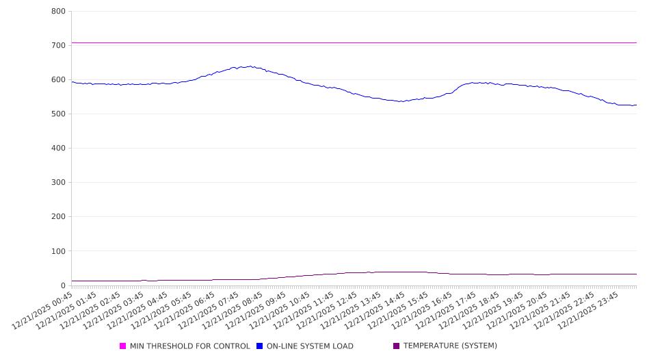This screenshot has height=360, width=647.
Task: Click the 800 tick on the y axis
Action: point(58,12)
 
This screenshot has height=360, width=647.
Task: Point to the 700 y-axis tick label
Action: point(58,46)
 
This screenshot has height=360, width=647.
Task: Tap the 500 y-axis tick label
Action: point(58,114)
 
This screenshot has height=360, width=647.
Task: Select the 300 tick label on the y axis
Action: point(58,183)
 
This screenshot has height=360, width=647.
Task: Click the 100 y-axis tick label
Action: point(58,251)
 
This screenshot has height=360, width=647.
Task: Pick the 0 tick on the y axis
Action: point(62,285)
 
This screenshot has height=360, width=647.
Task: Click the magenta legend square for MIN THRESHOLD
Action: point(123,346)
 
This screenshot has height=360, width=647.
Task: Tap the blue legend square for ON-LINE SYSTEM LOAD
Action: point(260,346)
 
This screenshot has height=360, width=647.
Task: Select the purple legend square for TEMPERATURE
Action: point(397,346)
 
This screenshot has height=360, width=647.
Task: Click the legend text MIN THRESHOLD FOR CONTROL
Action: point(189,346)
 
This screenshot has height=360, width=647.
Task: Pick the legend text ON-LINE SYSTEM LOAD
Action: point(310,346)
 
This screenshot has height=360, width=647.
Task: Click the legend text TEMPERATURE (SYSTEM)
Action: point(450,346)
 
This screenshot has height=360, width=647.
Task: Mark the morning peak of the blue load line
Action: point(250,66)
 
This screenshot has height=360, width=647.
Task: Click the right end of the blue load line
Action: point(636,105)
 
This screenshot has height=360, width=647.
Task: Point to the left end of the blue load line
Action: point(72,81)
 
